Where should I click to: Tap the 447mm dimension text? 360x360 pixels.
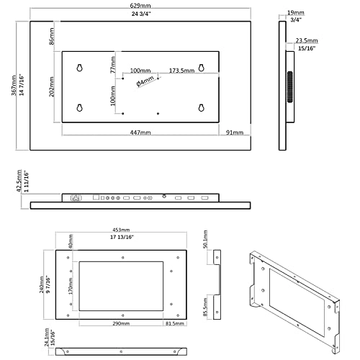(140, 133)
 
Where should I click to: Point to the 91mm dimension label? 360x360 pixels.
(234, 133)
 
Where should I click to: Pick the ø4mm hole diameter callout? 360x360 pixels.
(147, 82)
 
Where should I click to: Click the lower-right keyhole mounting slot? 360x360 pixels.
(201, 107)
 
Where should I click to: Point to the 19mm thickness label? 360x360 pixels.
(294, 12)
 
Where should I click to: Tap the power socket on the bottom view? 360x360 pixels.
(74, 197)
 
